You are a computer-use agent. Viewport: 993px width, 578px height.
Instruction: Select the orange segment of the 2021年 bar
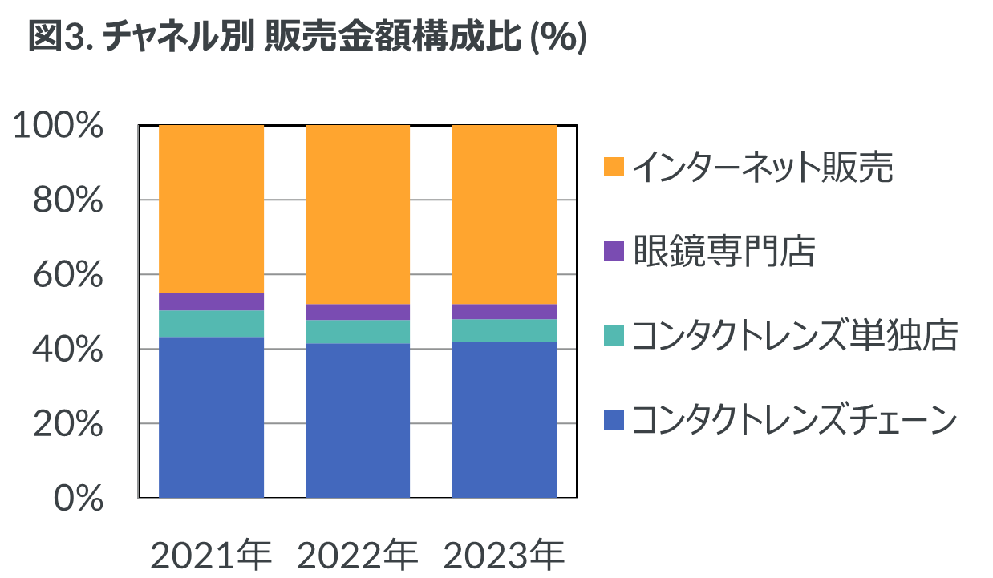click(212, 208)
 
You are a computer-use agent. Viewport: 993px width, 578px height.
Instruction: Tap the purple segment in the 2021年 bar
click(212, 301)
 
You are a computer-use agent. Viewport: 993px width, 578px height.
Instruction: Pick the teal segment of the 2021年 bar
click(212, 323)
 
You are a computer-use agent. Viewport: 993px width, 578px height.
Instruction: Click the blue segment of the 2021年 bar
click(212, 417)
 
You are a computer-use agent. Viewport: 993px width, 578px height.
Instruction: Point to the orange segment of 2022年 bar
click(358, 214)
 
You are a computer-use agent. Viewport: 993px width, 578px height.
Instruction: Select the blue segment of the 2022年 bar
click(358, 420)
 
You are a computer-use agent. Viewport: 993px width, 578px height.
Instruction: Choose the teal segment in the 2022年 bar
click(358, 331)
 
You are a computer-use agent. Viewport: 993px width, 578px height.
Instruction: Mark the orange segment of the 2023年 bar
click(505, 214)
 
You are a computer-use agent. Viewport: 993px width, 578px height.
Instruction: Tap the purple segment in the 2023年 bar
click(505, 311)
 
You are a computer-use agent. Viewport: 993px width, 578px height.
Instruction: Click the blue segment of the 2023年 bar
click(505, 419)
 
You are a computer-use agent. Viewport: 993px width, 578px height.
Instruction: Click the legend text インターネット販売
click(762, 168)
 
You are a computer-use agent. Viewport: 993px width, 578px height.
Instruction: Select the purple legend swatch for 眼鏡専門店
click(614, 251)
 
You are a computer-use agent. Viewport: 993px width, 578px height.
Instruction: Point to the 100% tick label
click(59, 126)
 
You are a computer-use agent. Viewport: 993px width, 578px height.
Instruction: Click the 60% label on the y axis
click(67, 275)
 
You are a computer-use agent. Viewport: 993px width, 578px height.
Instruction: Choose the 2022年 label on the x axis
click(358, 554)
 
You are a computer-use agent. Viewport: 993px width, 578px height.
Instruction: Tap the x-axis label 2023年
click(505, 554)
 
